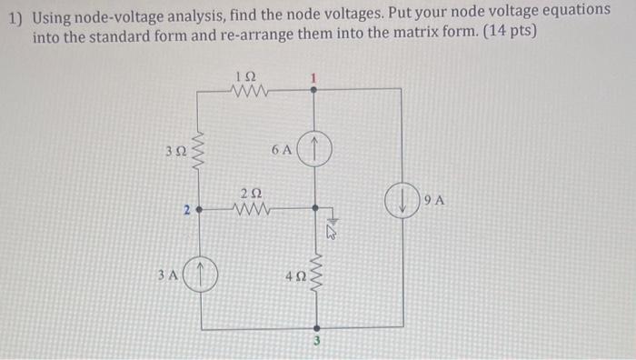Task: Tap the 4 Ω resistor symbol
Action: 316,270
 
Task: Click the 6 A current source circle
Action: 313,149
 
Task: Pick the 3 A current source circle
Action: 201,273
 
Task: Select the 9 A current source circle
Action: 402,201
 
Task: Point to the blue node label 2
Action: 185,211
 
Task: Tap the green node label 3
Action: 317,342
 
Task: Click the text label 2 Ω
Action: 251,193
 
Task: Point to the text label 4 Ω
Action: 293,277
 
